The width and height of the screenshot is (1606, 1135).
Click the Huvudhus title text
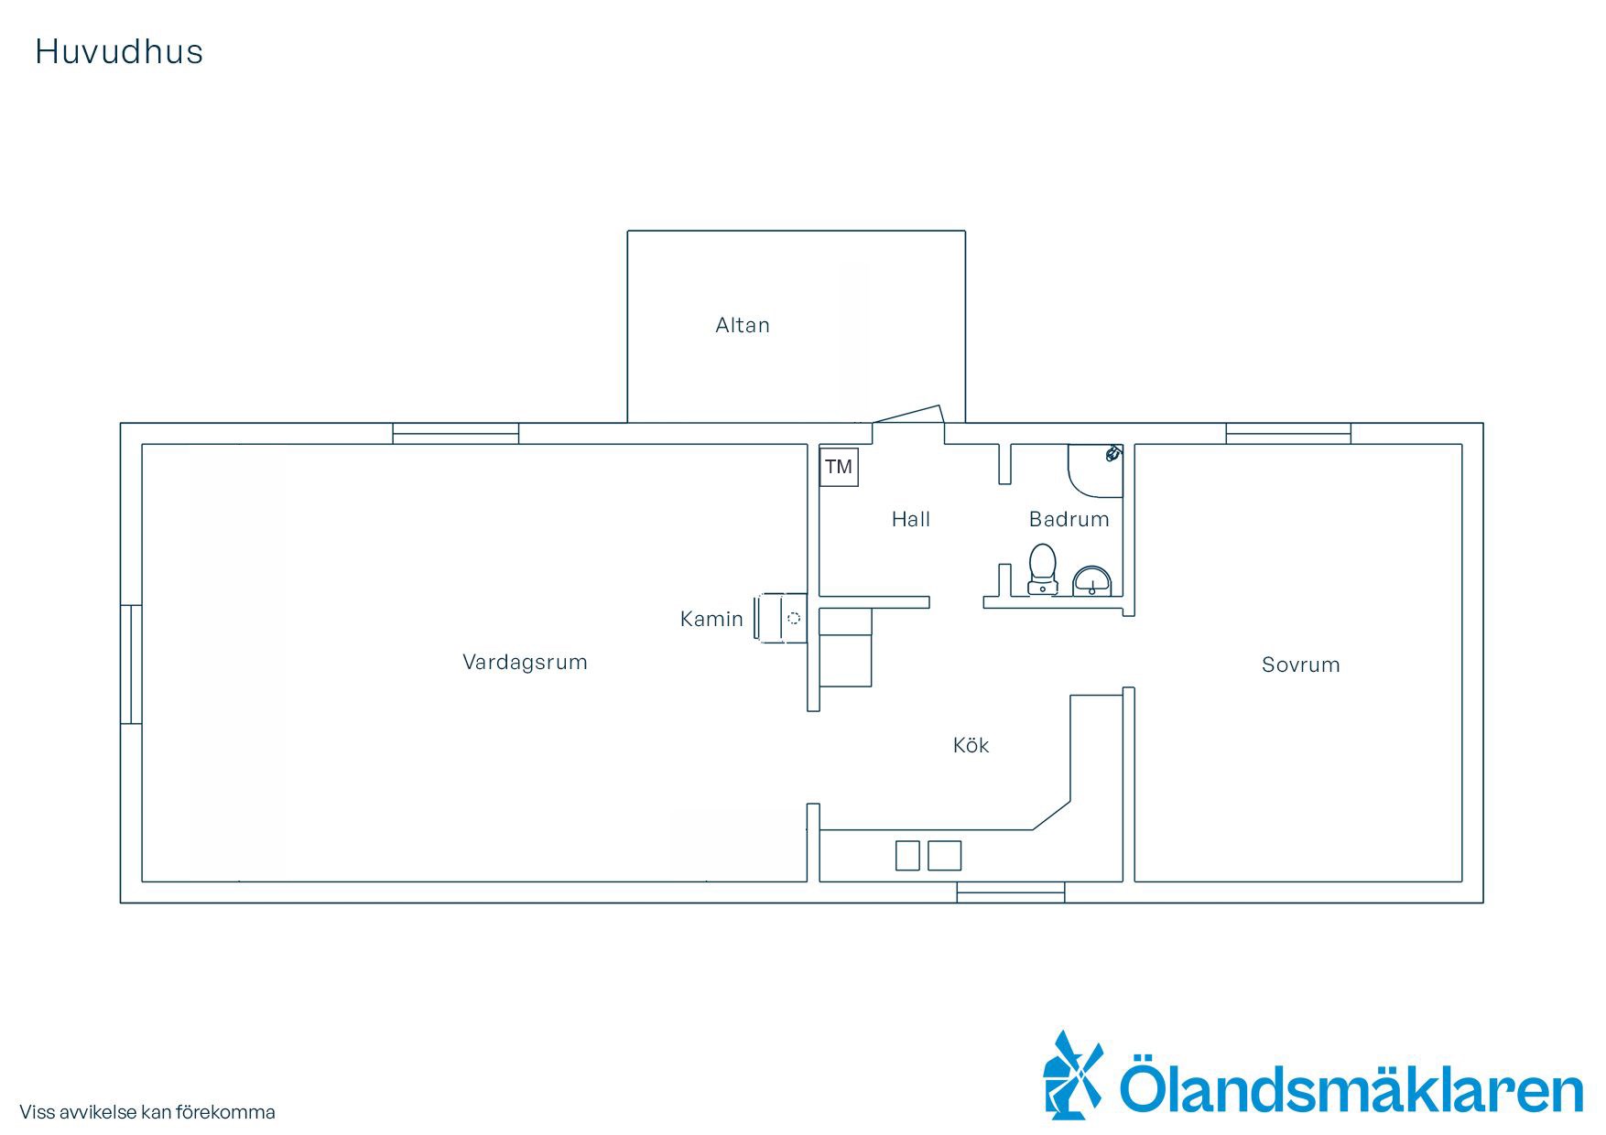tap(119, 52)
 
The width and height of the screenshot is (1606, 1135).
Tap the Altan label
tap(743, 325)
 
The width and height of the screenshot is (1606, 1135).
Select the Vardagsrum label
tap(525, 663)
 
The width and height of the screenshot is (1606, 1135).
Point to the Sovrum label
tap(1300, 665)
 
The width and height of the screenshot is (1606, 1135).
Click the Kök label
tap(971, 745)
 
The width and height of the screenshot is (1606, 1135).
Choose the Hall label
tap(911, 519)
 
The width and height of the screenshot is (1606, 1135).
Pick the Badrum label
tap(1069, 519)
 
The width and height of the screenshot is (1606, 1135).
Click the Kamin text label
tap(711, 619)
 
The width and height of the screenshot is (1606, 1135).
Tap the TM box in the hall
tap(839, 467)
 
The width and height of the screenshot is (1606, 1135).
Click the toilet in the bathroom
tap(1042, 569)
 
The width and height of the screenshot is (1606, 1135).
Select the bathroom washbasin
tap(1091, 580)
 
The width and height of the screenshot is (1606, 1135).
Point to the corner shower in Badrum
tap(1095, 470)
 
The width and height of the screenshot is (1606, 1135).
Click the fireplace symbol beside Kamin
tap(781, 618)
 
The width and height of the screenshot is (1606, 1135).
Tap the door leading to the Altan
tap(907, 414)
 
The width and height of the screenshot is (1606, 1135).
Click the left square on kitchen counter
tap(907, 855)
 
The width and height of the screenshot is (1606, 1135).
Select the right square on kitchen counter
tap(945, 855)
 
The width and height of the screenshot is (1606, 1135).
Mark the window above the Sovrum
tap(1288, 434)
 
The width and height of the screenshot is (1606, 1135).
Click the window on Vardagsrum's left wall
tap(132, 664)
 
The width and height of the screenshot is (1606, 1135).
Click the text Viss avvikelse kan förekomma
tap(147, 1112)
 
